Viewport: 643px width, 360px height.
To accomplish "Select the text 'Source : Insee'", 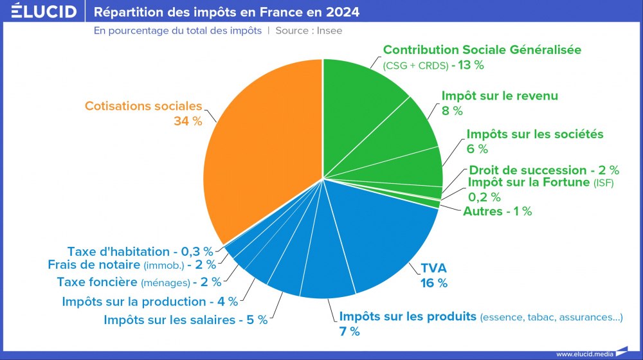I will coord(309,30).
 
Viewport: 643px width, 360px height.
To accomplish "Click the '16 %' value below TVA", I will coord(433,283).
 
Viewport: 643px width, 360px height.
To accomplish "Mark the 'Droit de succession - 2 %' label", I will coord(544,170).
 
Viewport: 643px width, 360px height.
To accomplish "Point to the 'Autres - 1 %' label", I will coord(497,211).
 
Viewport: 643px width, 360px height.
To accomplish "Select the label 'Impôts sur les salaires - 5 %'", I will coord(185,320).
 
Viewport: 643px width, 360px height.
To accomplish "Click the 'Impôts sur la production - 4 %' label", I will coord(150,301).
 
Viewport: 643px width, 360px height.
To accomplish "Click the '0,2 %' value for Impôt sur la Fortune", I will coord(484,197).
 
